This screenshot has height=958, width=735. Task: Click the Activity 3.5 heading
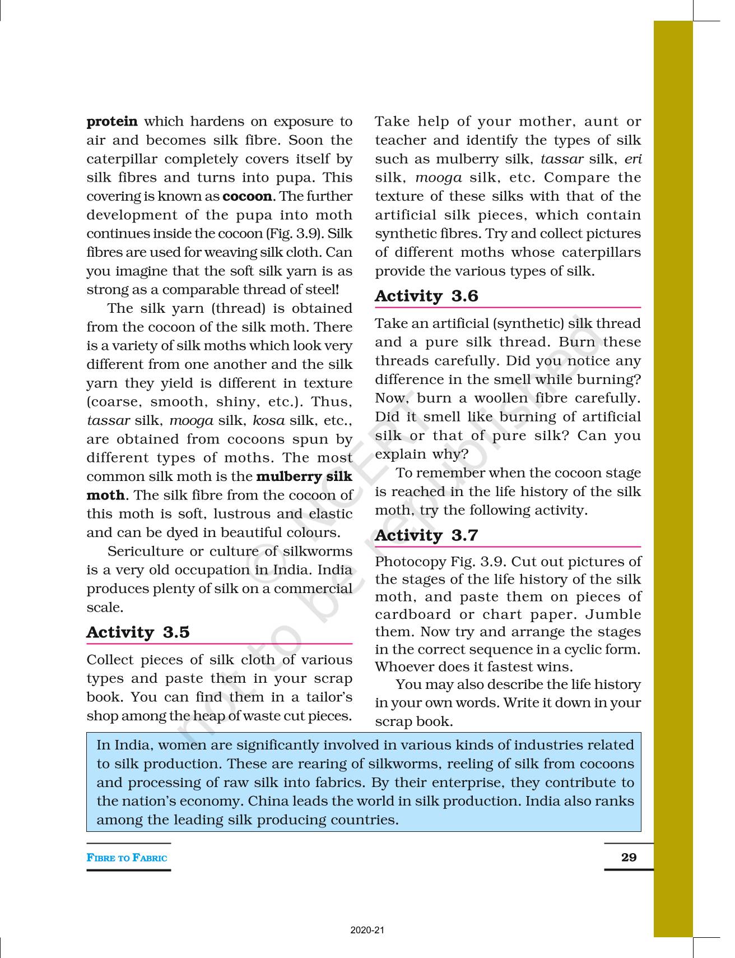[x=138, y=632]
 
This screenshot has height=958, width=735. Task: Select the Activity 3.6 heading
[x=426, y=296]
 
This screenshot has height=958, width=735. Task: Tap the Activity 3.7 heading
[x=426, y=535]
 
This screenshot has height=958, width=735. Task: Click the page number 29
[x=629, y=857]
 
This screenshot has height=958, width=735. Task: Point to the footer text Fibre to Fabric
[x=127, y=858]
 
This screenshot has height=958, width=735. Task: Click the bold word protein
[x=112, y=122]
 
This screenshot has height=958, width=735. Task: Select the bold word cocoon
[x=247, y=197]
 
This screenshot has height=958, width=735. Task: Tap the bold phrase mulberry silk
[x=304, y=476]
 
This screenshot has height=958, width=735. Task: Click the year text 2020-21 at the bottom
[x=367, y=930]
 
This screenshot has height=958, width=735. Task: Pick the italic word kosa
[x=268, y=420]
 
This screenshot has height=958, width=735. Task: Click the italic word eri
[x=632, y=159]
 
